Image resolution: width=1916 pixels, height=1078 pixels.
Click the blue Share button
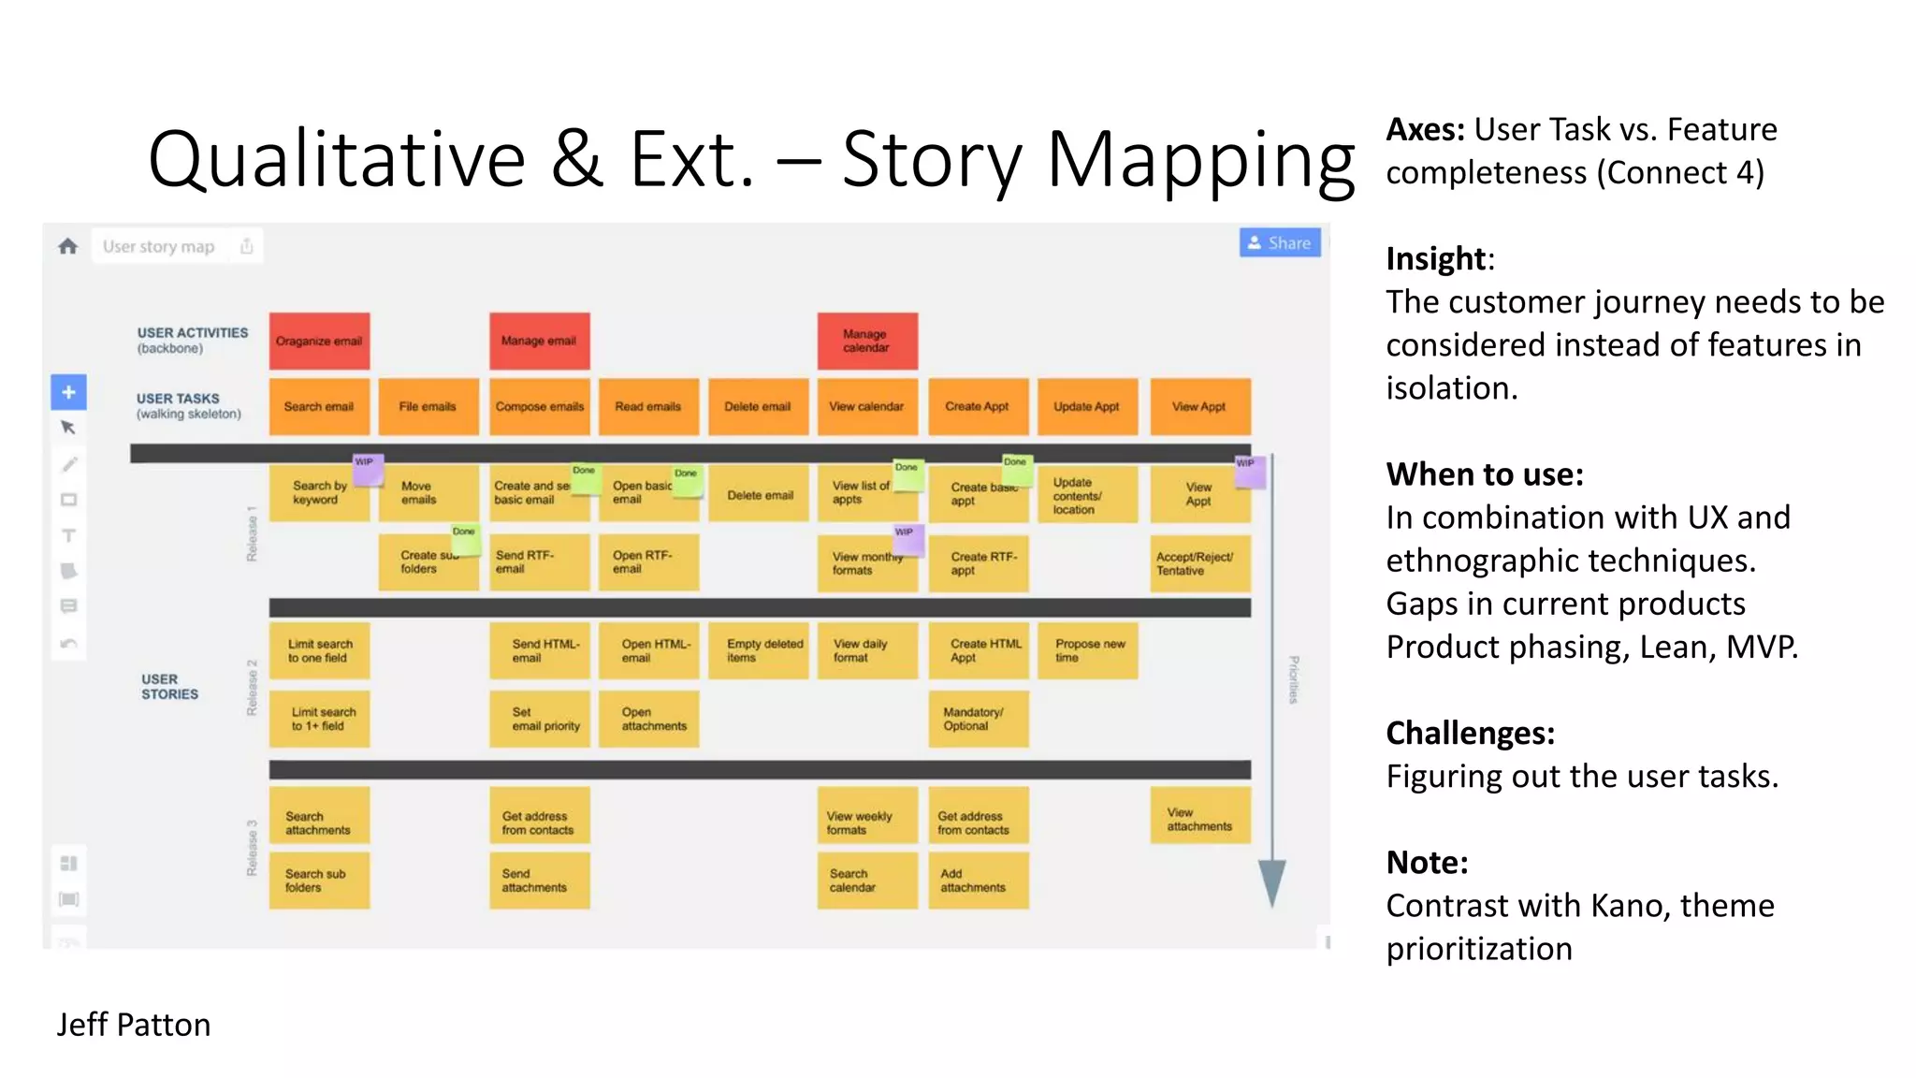tap(1279, 243)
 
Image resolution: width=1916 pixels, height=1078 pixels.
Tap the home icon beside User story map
tap(67, 246)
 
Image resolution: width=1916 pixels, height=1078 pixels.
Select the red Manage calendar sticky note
tap(866, 341)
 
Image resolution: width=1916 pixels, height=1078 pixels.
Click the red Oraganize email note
tap(319, 341)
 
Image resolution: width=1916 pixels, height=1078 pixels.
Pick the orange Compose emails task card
tap(539, 406)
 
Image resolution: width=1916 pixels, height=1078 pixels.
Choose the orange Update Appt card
tap(1087, 406)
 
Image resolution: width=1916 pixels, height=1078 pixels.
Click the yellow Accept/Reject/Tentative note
tap(1198, 563)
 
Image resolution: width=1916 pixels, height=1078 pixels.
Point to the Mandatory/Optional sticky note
tap(978, 719)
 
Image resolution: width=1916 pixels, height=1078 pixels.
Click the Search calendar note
tap(866, 880)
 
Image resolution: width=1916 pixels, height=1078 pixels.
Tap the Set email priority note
tap(539, 719)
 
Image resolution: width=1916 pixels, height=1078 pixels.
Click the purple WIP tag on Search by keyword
tap(367, 468)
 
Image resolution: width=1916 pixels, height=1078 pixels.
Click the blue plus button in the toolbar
tap(68, 392)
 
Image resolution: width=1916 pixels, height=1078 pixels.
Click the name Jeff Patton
tap(134, 1025)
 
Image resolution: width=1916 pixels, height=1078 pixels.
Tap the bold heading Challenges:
tap(1470, 733)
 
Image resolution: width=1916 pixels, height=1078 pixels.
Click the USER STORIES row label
tap(169, 686)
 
